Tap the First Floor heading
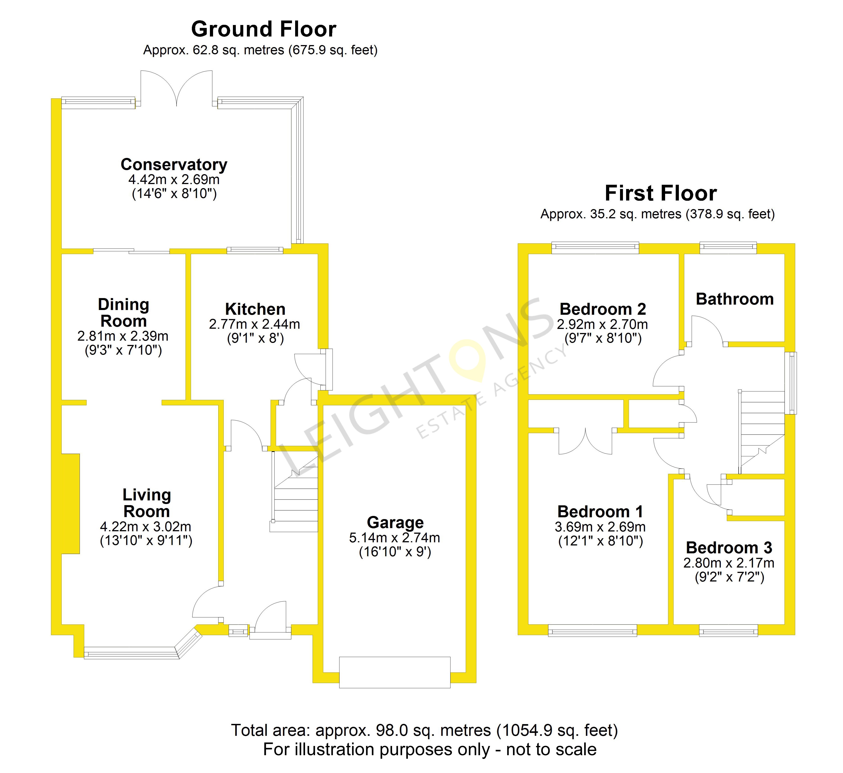click(661, 193)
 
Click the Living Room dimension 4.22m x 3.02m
click(146, 527)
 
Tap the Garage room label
click(395, 522)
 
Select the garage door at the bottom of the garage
click(395, 672)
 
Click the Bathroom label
click(735, 299)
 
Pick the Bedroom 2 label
click(603, 309)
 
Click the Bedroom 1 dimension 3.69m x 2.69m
click(600, 527)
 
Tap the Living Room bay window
click(134, 652)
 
